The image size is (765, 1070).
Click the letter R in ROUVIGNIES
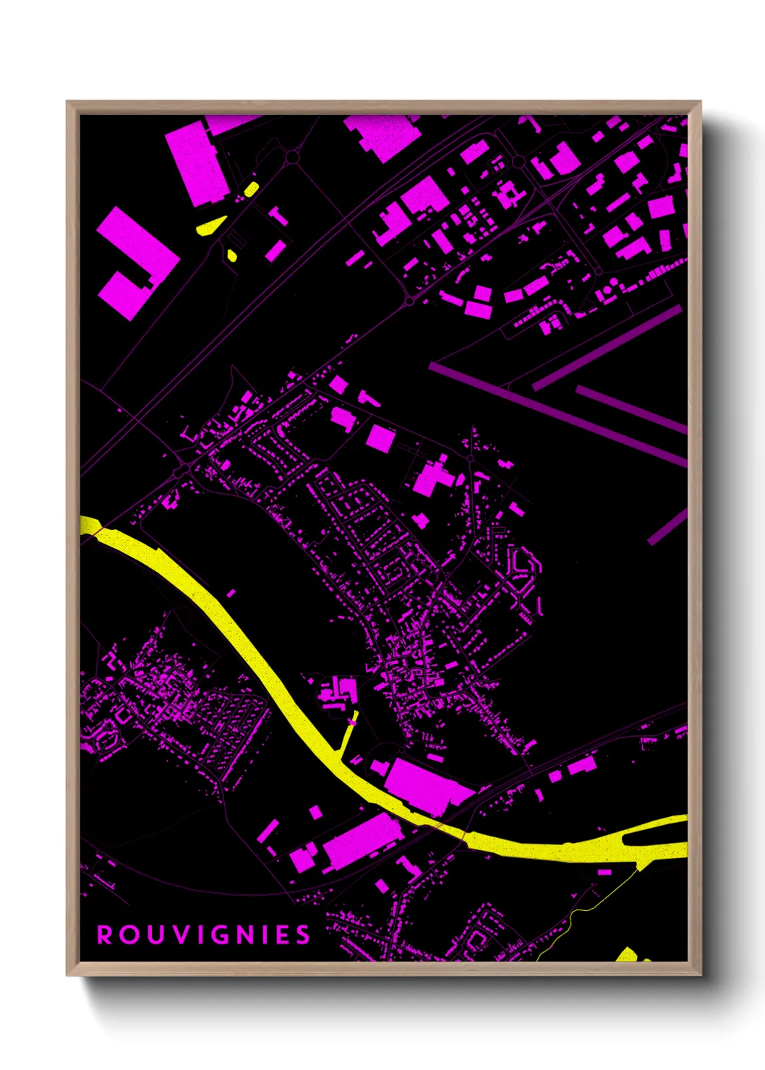click(x=105, y=935)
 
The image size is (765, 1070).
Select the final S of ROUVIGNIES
click(x=304, y=935)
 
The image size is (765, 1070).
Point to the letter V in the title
click(x=175, y=935)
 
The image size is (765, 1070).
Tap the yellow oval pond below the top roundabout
click(x=251, y=189)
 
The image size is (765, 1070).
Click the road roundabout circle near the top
click(x=292, y=156)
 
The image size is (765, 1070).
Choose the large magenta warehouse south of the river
click(x=362, y=839)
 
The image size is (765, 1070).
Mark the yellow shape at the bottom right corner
click(x=627, y=954)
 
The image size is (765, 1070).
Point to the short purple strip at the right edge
click(x=667, y=526)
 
